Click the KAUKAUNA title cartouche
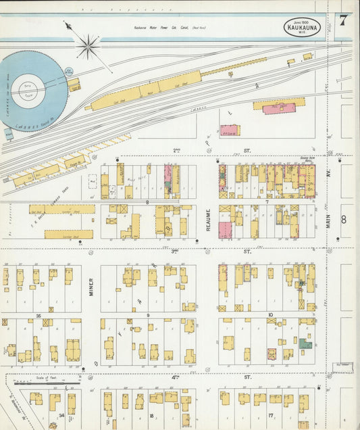coord(302,28)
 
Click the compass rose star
coord(88,47)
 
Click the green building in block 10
coord(306,344)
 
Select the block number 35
coord(38,315)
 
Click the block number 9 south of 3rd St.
coord(147,315)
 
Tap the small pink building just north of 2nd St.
coord(229,130)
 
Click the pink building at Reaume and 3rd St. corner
coord(225,231)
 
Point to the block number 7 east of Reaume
coord(267,201)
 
